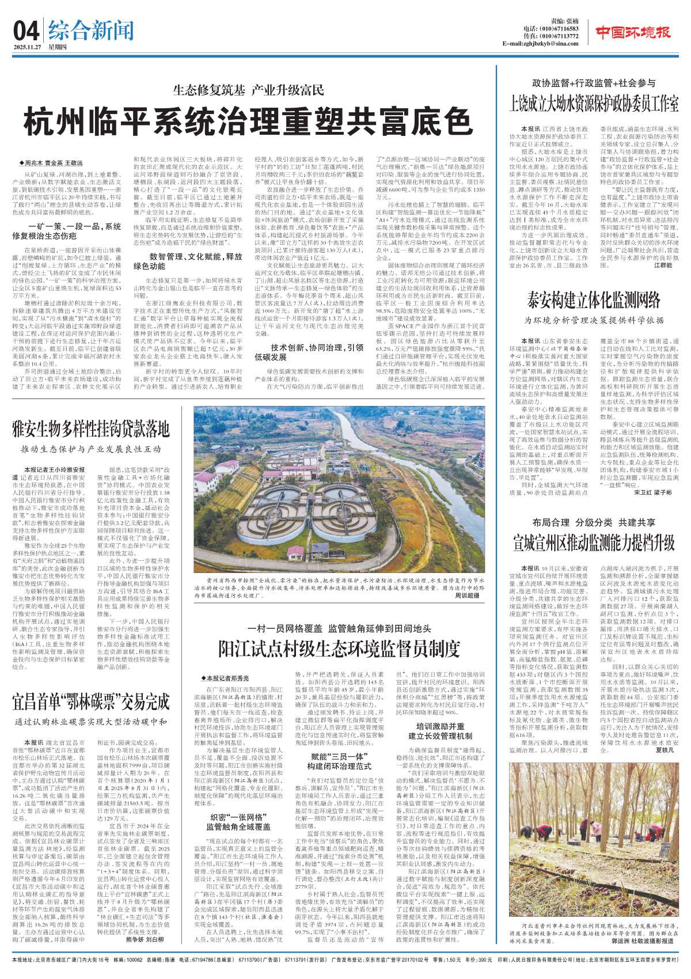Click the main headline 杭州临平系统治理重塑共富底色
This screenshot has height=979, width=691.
(248, 121)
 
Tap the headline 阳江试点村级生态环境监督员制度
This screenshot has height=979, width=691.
(339, 648)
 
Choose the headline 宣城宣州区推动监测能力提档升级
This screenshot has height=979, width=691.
(594, 542)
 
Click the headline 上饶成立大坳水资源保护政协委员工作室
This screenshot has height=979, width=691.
(594, 104)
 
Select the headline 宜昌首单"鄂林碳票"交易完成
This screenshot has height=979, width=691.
(91, 702)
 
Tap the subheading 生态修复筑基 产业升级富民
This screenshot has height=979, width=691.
(248, 90)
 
